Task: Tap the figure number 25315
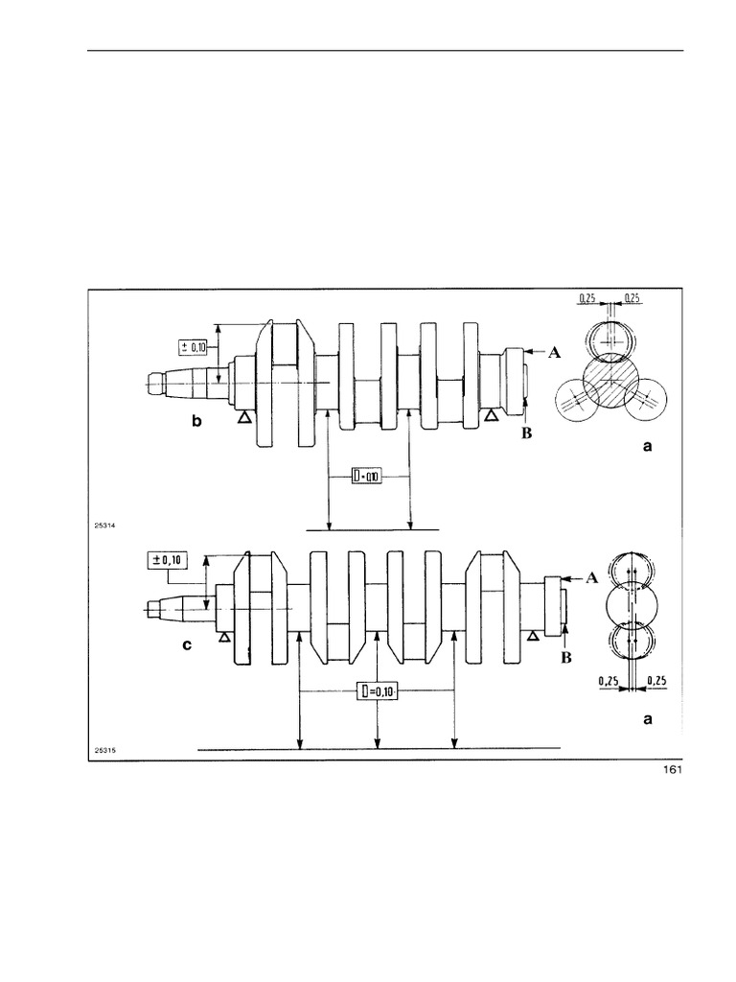[103, 751]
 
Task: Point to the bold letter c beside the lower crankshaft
[189, 645]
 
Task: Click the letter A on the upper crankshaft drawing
[554, 354]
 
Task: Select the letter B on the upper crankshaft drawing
[524, 433]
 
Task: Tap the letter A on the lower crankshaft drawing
[592, 578]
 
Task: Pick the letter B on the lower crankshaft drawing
[564, 659]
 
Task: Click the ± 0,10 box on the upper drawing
[193, 346]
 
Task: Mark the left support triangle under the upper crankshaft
[244, 416]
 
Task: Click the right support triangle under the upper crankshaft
[492, 414]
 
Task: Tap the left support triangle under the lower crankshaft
[223, 635]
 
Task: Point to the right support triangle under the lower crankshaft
[534, 634]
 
